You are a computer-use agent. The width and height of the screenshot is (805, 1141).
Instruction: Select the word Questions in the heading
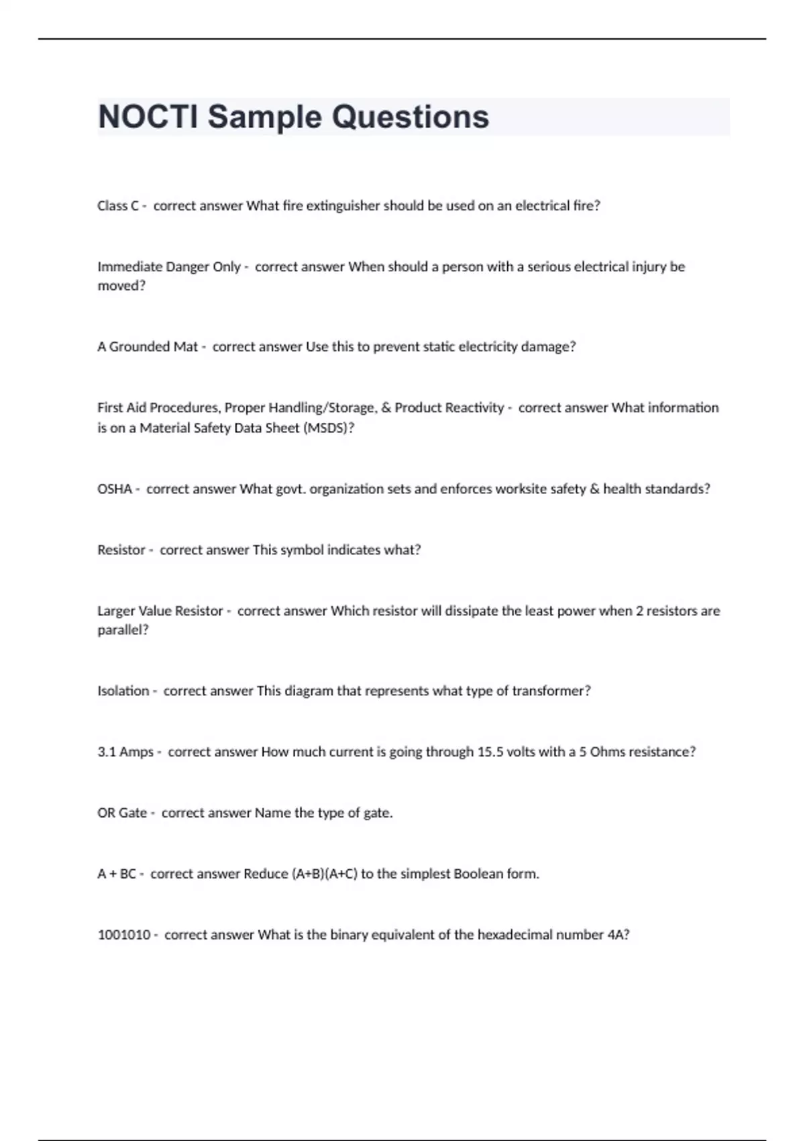pyautogui.click(x=411, y=117)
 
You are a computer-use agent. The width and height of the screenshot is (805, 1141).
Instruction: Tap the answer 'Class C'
pyautogui.click(x=117, y=206)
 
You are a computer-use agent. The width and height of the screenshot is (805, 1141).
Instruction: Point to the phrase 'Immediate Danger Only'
pyautogui.click(x=168, y=267)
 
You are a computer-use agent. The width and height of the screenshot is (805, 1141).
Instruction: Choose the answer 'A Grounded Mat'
pyautogui.click(x=148, y=347)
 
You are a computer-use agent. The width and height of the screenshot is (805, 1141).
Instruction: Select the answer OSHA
pyautogui.click(x=115, y=489)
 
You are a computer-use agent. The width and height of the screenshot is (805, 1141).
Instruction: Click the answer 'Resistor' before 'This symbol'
pyautogui.click(x=121, y=550)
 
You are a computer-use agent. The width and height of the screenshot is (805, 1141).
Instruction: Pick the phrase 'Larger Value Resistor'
pyautogui.click(x=160, y=611)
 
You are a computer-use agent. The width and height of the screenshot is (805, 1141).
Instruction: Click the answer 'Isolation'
pyautogui.click(x=123, y=691)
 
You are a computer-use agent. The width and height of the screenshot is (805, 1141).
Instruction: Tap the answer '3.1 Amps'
pyautogui.click(x=125, y=752)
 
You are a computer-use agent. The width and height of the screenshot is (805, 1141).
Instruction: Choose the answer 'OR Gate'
pyautogui.click(x=122, y=813)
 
